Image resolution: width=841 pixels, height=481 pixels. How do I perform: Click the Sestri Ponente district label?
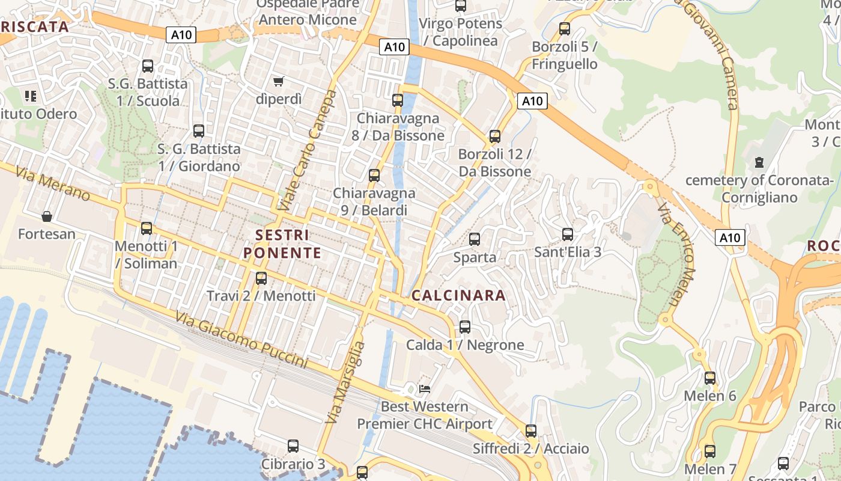tap(282, 244)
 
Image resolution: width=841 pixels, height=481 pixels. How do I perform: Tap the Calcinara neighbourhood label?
tap(458, 296)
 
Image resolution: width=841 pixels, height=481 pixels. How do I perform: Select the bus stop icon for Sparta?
tap(475, 239)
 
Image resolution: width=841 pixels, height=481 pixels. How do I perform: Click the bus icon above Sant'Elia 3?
tap(568, 234)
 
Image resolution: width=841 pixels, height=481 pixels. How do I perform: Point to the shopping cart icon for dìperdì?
tap(278, 81)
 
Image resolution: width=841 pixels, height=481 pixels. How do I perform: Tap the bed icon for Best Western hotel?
tap(425, 389)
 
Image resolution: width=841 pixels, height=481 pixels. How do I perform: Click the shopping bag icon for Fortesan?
tap(46, 216)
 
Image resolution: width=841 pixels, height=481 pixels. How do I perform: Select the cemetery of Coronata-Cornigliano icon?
tap(759, 162)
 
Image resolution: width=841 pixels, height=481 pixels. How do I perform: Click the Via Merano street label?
tap(53, 184)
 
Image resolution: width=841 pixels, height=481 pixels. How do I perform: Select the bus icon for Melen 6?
tap(710, 378)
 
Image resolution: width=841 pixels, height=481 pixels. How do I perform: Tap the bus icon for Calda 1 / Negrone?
tap(465, 327)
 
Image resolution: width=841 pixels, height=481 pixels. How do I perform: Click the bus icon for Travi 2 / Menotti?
tap(261, 278)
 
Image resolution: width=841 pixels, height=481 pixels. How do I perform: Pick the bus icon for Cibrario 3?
tap(293, 446)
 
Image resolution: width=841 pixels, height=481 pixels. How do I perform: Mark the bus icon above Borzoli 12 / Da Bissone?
tap(495, 136)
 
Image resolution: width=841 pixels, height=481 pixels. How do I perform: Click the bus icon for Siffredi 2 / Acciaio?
tap(531, 431)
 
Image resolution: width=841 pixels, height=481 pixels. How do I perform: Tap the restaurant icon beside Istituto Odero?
tap(31, 96)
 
